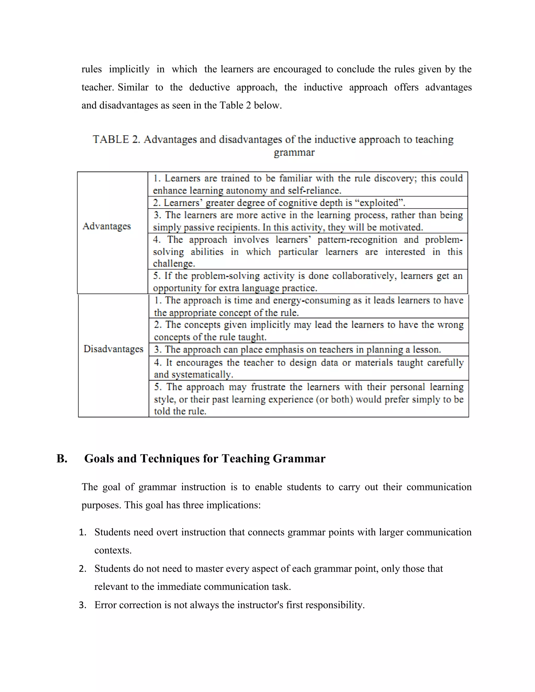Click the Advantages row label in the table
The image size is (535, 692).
(x=107, y=226)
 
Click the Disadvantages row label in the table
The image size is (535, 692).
(x=113, y=349)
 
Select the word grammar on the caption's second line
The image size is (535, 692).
(x=294, y=153)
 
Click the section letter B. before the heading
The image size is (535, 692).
(x=62, y=459)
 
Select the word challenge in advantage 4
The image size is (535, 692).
(x=173, y=264)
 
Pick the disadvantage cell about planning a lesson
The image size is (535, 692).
(x=297, y=349)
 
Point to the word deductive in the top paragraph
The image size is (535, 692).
(x=210, y=87)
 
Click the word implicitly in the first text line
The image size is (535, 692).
(x=129, y=69)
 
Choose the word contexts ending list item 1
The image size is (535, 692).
(x=113, y=550)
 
